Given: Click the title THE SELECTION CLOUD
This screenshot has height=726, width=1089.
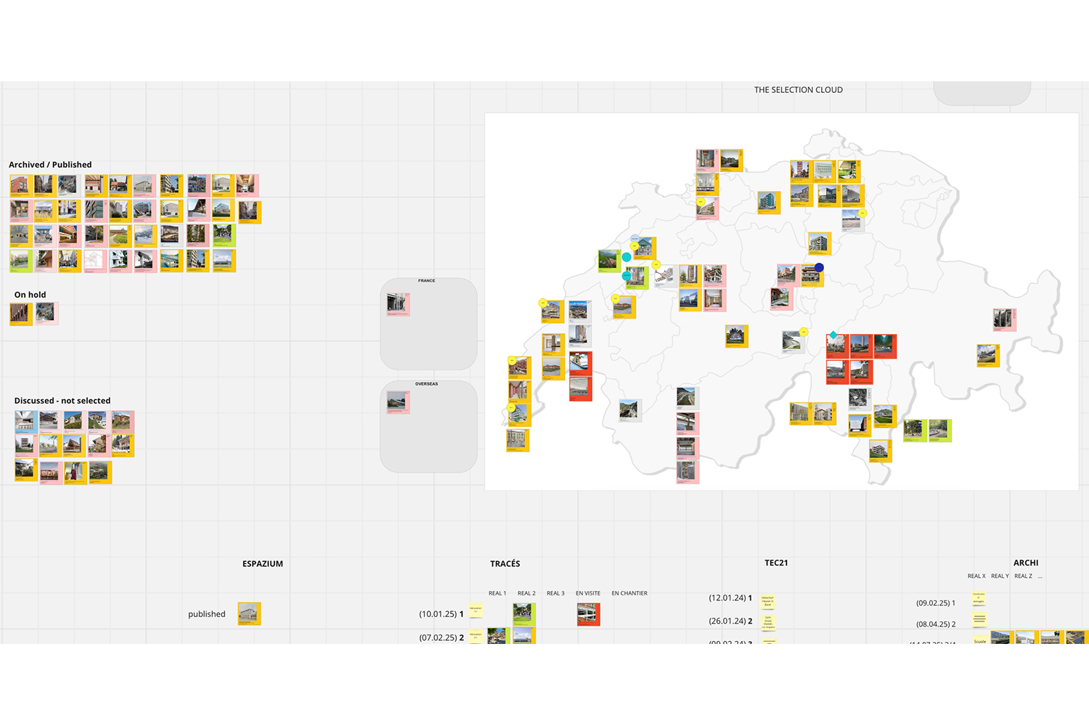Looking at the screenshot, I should (x=798, y=90).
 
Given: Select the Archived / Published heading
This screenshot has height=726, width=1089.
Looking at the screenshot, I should (x=50, y=165).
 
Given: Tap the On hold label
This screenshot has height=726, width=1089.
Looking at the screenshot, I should (x=30, y=295).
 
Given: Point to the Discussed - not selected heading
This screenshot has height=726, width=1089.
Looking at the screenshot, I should (x=62, y=401).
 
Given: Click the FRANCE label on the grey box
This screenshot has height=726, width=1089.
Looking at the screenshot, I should (x=427, y=281).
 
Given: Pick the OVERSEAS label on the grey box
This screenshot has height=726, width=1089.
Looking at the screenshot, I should (x=427, y=384).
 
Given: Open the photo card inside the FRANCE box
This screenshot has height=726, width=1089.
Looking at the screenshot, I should (x=398, y=304).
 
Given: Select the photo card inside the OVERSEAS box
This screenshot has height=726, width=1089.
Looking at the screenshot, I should (x=398, y=402).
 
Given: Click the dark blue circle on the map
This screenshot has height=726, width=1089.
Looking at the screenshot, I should (x=819, y=268).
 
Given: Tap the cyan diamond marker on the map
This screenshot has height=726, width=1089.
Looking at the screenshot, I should (x=833, y=335).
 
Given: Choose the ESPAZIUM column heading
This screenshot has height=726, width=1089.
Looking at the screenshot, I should (x=263, y=564).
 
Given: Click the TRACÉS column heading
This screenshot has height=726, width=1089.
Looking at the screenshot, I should (x=505, y=564).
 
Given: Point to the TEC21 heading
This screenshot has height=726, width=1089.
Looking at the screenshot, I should (x=776, y=563).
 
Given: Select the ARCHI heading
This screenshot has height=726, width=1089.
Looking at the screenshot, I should (x=1026, y=563).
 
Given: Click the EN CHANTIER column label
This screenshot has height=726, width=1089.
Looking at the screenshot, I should (x=629, y=594).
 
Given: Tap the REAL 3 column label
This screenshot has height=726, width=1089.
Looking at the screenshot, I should (x=555, y=594).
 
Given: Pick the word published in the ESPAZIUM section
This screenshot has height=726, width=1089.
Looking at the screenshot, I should (x=207, y=614).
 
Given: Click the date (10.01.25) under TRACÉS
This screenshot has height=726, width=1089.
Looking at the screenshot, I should (x=437, y=614).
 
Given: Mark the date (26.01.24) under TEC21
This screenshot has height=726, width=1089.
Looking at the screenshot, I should (x=727, y=621).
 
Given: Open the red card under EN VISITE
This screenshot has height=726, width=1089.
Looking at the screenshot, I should (x=588, y=614).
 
